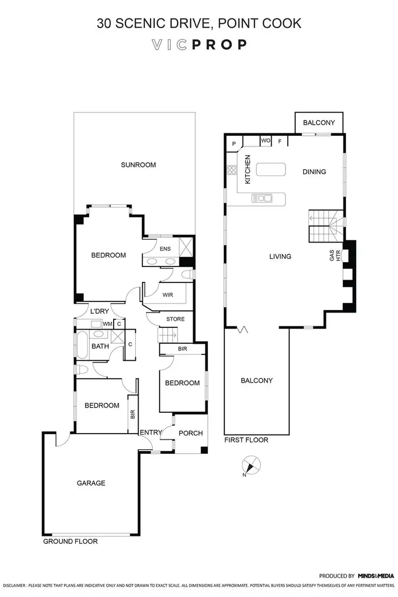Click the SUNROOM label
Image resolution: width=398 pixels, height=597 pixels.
138,165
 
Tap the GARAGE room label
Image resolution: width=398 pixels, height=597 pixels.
91,483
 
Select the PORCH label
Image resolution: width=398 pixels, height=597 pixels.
191,433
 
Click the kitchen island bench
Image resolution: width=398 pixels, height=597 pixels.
271,169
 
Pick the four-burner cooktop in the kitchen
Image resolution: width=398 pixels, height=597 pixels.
231,170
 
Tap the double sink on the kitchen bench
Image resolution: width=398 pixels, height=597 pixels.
262,198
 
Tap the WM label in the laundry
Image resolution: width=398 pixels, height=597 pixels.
107,324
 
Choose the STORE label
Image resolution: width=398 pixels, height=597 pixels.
175,319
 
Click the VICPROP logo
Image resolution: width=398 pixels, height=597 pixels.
199,45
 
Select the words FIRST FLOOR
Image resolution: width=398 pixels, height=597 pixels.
246,440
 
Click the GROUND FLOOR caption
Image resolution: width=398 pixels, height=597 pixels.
71,542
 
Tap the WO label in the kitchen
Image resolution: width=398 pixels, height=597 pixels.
265,141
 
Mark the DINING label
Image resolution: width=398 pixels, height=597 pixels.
314,171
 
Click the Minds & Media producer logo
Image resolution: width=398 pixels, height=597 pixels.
376,575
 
